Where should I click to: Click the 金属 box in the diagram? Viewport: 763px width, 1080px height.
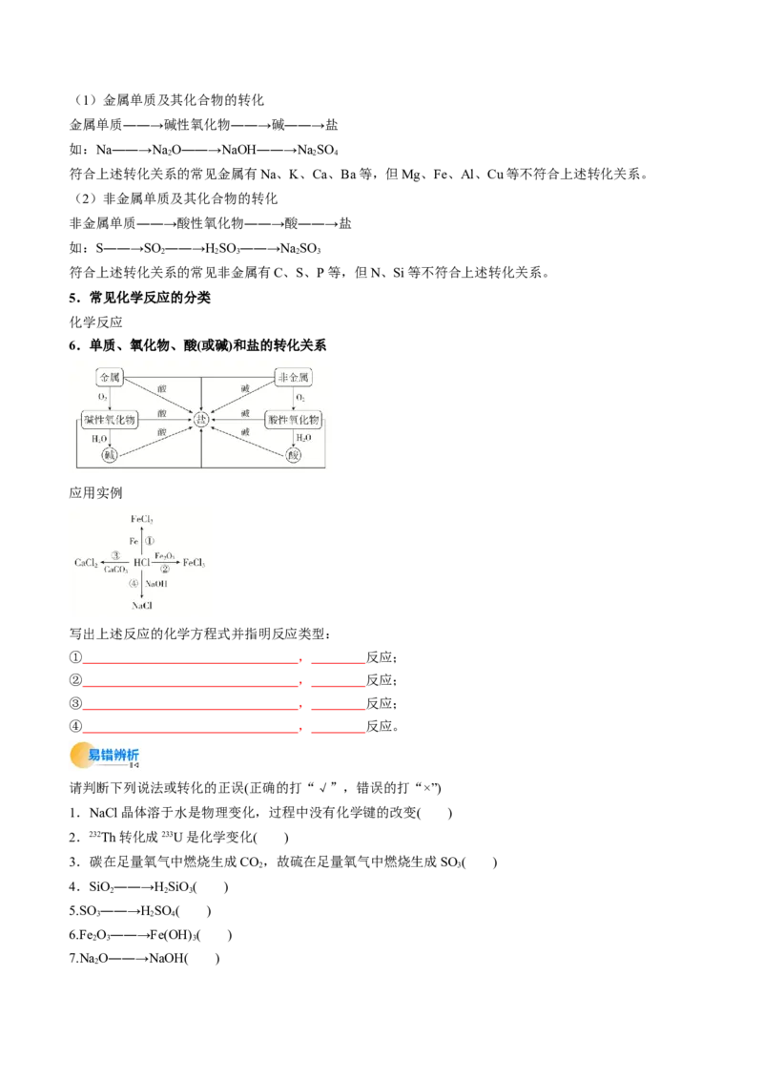(x=111, y=377)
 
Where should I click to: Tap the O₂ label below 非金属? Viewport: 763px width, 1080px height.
(x=300, y=397)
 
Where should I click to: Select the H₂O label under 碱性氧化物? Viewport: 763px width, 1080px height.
(x=99, y=439)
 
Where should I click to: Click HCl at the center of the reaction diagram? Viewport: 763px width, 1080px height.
(x=142, y=563)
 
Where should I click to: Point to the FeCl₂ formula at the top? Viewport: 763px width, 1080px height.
(x=142, y=518)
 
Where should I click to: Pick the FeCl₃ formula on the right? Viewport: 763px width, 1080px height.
(x=194, y=563)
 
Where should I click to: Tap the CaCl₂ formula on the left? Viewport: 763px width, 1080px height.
(x=88, y=563)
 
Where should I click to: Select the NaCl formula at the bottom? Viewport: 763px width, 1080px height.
(x=142, y=605)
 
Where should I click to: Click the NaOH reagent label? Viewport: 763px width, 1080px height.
(x=157, y=583)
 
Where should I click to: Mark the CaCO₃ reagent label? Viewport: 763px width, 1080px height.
(x=116, y=570)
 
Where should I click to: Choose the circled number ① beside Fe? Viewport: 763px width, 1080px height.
(x=151, y=540)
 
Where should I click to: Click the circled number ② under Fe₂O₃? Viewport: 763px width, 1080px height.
(x=164, y=570)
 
